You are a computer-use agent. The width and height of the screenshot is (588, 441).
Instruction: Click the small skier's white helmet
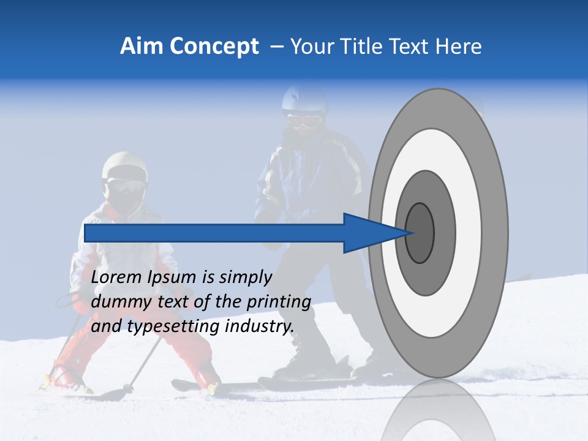pos(125,164)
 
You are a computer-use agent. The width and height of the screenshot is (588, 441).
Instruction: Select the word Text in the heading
pos(407,47)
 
